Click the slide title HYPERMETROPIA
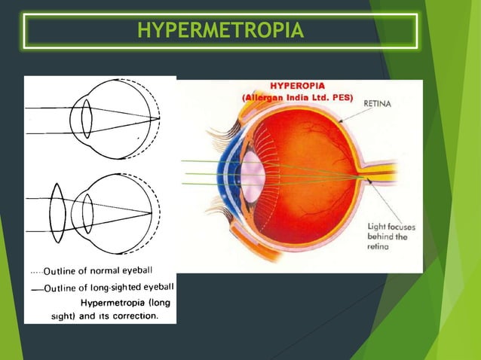221,31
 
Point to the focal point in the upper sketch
158,118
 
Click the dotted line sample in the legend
35,271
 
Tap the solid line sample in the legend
35,288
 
